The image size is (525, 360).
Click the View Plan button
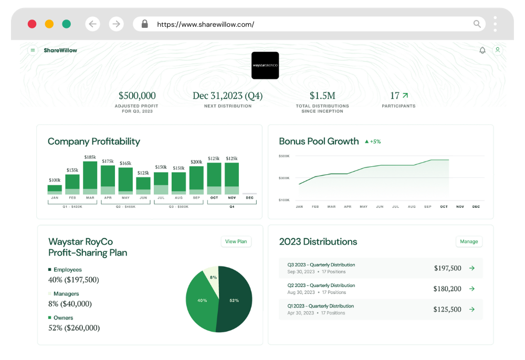tap(236, 241)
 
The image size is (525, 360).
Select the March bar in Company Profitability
tap(90, 178)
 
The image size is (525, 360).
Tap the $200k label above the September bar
tap(196, 162)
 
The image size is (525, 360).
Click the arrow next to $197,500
tap(471, 268)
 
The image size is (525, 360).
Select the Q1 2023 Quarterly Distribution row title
tap(320, 306)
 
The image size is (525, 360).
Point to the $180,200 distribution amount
tap(447, 289)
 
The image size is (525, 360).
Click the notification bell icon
tap(482, 50)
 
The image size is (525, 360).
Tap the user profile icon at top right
tap(497, 50)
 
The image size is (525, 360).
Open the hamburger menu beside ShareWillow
tap(33, 50)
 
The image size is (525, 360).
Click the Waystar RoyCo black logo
tap(265, 66)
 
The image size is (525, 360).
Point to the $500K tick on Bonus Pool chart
tap(284, 156)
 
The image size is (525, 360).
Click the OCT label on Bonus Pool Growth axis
tap(444, 207)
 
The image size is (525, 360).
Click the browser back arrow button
tap(93, 24)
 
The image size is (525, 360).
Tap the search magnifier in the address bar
tap(477, 24)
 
